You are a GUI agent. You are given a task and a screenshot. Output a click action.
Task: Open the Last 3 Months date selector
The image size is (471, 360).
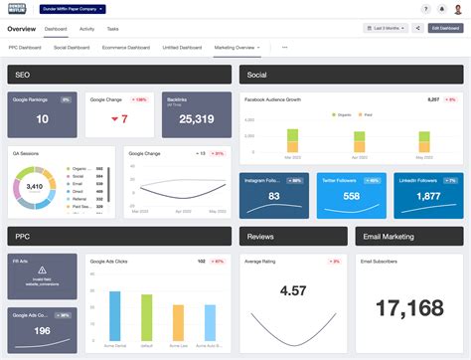coord(386,29)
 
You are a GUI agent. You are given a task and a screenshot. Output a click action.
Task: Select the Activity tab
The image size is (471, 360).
coord(88,29)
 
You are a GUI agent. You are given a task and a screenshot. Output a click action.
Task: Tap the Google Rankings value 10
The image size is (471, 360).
coord(42,119)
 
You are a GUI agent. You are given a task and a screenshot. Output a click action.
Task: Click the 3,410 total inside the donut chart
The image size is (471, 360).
coord(34,185)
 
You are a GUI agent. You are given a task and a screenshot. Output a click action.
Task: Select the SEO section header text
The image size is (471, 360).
coord(21,75)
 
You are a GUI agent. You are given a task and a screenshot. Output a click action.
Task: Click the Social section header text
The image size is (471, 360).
coord(256,75)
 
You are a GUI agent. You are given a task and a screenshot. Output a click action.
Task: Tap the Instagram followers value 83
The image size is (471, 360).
coord(273,197)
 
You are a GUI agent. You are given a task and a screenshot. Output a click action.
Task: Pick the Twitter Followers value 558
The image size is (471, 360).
coord(351,197)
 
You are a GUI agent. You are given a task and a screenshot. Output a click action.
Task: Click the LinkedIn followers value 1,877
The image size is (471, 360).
coord(428,197)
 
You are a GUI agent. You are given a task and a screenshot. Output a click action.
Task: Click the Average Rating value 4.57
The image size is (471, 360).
coord(293,290)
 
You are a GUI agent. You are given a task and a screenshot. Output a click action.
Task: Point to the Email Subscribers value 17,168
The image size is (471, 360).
coord(408,309)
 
